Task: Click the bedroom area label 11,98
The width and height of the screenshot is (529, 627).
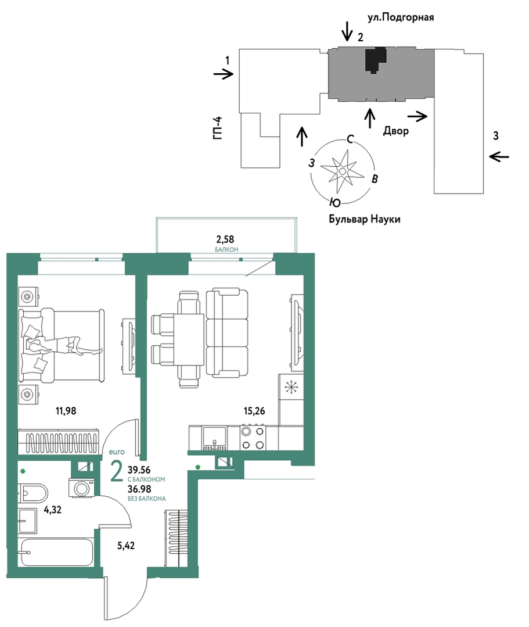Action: (x=66, y=411)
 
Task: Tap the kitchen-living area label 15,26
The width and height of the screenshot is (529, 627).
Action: (x=254, y=411)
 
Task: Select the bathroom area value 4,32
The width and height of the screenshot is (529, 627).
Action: (x=53, y=510)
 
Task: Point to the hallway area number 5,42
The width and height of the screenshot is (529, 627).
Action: (x=126, y=546)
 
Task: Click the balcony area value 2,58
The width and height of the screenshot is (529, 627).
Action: (x=225, y=239)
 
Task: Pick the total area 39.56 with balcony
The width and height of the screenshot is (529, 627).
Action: (x=139, y=470)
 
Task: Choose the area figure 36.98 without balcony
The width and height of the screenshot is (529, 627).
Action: (x=139, y=489)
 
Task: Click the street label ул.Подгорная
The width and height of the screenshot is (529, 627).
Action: (x=401, y=17)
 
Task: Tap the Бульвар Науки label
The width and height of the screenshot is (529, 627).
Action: (x=365, y=219)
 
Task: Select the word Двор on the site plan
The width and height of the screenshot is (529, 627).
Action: (x=396, y=131)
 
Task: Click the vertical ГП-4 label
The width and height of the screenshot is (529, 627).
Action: (x=217, y=128)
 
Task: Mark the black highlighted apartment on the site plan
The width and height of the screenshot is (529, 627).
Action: (x=376, y=60)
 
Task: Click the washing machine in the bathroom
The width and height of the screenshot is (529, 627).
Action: (x=82, y=488)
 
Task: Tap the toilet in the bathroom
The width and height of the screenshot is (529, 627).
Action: (x=33, y=493)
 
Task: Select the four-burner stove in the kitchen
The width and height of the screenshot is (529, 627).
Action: (x=253, y=438)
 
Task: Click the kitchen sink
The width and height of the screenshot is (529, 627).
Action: (x=215, y=438)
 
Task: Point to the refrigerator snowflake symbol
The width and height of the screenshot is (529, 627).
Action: (x=292, y=387)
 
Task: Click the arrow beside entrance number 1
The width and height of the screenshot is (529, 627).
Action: (x=224, y=74)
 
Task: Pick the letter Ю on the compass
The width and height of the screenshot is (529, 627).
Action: (x=335, y=203)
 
